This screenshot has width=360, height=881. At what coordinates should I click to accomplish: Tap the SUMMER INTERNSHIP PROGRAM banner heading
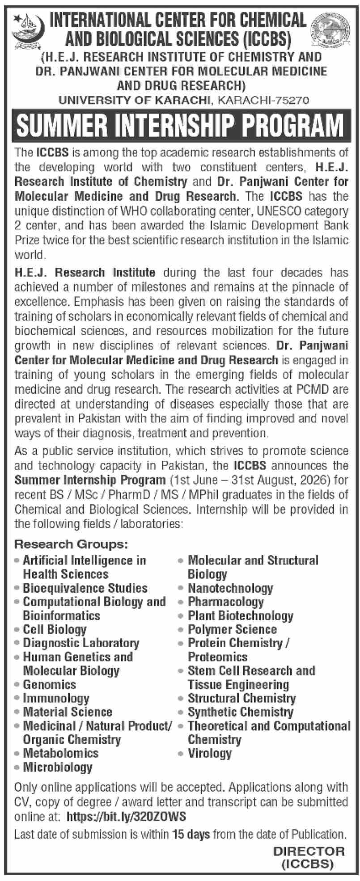180,126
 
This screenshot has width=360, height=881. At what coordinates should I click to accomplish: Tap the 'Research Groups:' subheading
71,544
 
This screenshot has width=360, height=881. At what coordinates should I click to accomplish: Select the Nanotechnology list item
230,588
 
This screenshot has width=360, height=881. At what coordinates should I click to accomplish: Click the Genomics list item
49,684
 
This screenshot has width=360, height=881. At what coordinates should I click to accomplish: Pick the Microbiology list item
57,767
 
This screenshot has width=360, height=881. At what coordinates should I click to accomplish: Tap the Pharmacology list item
225,602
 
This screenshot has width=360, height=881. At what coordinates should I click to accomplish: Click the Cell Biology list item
54,629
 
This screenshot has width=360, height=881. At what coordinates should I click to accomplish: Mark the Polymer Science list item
232,629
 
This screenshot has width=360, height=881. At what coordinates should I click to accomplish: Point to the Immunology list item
55,698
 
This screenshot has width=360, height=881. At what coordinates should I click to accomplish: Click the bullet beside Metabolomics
17,754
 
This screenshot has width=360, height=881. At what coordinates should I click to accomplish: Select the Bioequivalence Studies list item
85,588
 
